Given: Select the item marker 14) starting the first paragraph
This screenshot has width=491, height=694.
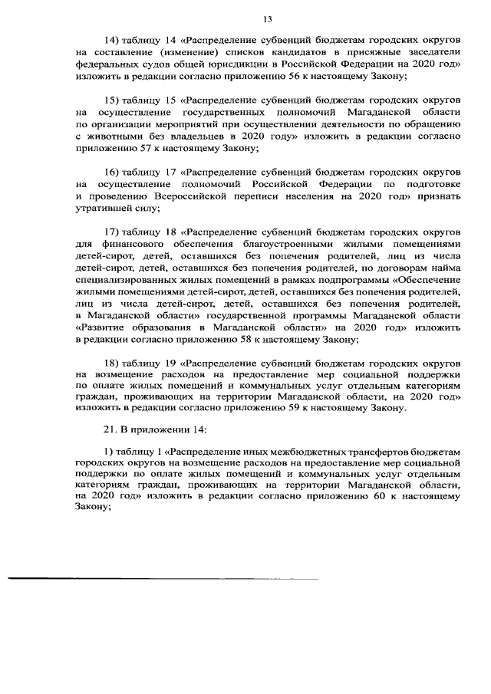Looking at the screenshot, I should click(x=114, y=39).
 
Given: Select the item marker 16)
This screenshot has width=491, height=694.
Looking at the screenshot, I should click(x=114, y=172).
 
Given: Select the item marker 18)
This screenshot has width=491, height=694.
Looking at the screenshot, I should click(x=114, y=364).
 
